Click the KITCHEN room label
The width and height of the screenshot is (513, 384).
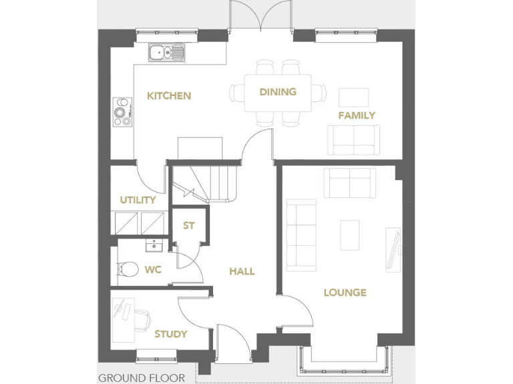[x=169, y=96]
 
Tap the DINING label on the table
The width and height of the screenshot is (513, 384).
[x=278, y=92]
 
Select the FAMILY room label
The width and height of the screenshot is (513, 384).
[x=356, y=115]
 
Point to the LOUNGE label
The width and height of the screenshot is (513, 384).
[x=345, y=293]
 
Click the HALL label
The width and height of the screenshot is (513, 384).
[x=242, y=271]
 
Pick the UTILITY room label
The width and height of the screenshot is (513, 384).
[x=138, y=200]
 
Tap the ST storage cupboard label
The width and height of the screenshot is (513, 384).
[x=189, y=226]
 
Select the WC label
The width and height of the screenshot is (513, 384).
[x=153, y=271]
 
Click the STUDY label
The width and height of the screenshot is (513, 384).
[x=170, y=334]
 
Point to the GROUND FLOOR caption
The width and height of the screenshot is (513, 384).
[x=141, y=378]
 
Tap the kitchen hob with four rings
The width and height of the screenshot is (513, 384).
[x=122, y=111]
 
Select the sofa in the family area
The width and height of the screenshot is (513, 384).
[x=353, y=139]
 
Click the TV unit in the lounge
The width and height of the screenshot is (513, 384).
[x=393, y=249]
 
